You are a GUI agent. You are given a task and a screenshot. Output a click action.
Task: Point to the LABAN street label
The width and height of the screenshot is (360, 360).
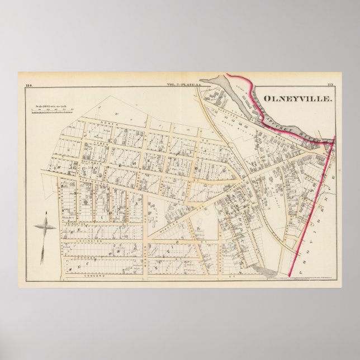point(101,143)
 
